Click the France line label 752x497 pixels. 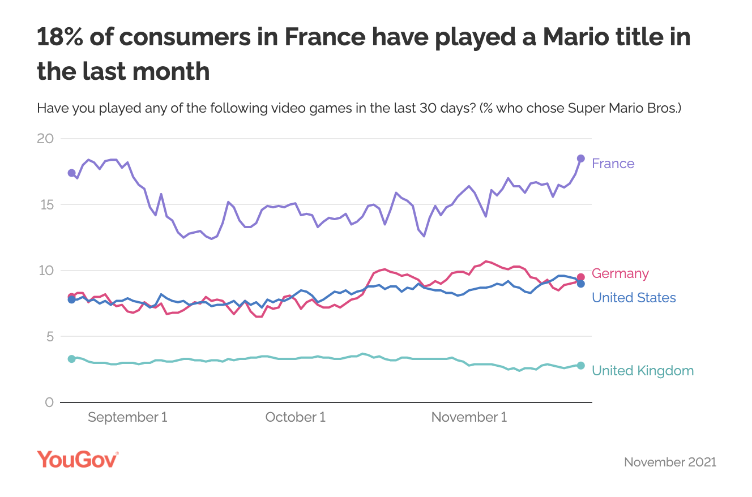613,164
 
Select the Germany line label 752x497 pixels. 620,273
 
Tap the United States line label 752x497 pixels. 634,298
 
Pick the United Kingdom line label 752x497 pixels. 642,371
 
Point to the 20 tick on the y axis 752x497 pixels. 46,139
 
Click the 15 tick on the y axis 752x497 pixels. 46,204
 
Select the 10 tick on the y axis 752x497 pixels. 46,271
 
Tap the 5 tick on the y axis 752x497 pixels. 49,337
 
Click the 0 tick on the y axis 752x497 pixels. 49,402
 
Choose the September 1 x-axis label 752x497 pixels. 127,418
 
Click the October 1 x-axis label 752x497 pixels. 295,418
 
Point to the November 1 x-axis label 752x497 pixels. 469,418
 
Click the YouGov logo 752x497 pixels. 78,460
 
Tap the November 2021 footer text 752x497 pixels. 670,462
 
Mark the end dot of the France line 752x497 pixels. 580,158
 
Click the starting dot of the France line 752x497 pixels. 71,173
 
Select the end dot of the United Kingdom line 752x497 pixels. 580,365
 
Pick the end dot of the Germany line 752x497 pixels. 580,277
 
